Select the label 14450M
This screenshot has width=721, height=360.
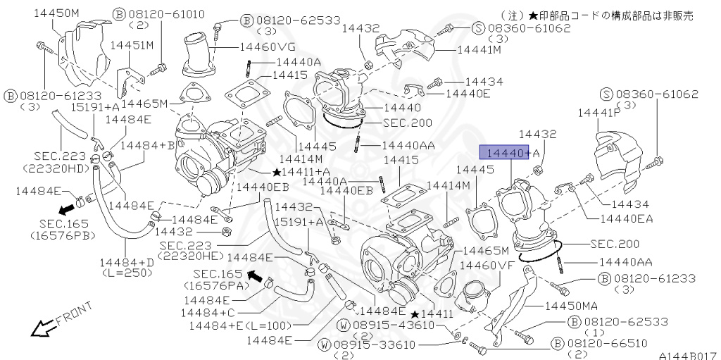(x=56, y=13)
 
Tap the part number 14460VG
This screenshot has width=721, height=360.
(x=268, y=46)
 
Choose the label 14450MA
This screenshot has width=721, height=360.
(x=571, y=306)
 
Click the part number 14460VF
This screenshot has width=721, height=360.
(x=487, y=265)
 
